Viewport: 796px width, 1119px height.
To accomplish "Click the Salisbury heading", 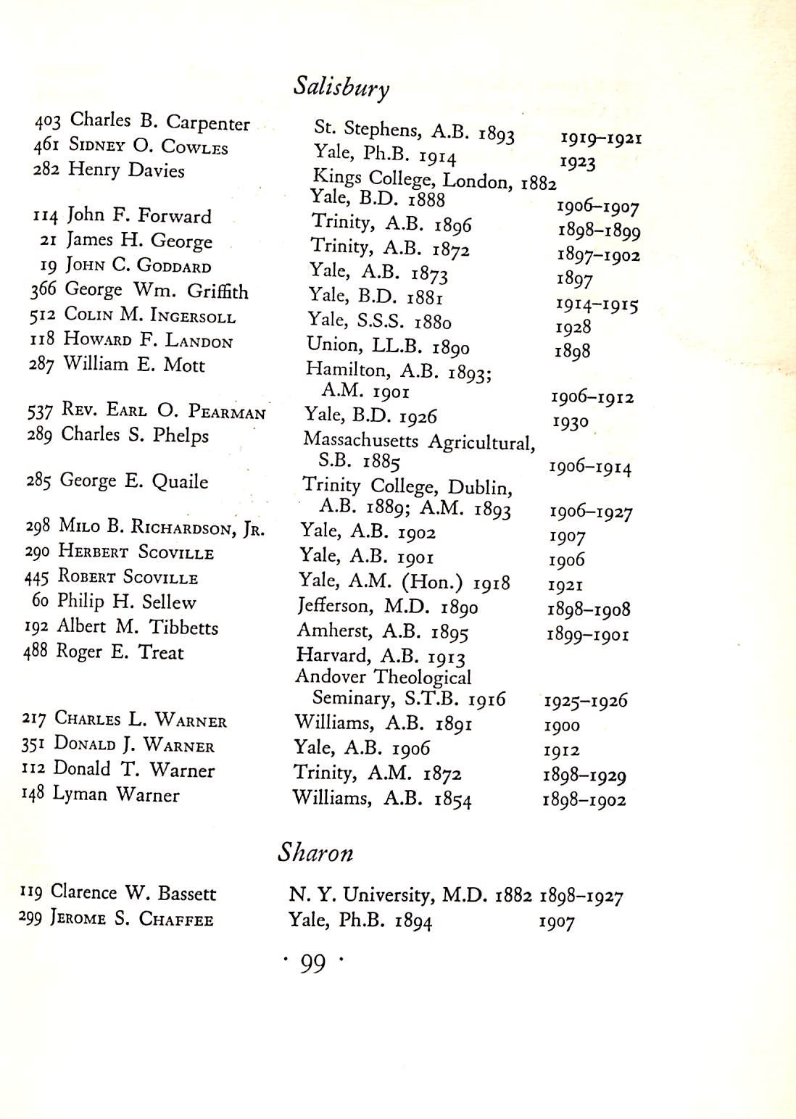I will point(341,87).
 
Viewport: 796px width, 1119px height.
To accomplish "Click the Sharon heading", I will point(315,852).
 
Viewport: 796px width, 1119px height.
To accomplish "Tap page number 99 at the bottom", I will point(312,963).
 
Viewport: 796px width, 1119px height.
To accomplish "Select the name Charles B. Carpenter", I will point(159,122).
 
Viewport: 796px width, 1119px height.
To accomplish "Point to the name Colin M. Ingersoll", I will point(149,315).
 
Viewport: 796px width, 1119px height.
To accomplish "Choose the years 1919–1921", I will point(601,138).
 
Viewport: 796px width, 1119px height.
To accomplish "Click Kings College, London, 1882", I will point(434,179).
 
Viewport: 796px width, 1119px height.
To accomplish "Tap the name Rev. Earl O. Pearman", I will point(164,411).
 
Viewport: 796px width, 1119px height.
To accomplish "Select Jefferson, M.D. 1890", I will point(387,606).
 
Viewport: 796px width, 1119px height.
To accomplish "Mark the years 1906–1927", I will point(591,512).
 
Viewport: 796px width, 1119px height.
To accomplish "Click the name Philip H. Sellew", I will point(127,602).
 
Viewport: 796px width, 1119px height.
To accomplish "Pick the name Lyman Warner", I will point(115,794).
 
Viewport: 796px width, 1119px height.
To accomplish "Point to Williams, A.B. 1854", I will point(382,799).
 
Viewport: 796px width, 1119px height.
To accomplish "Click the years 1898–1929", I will point(584,775).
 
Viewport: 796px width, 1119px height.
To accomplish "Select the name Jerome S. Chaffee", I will point(131,918).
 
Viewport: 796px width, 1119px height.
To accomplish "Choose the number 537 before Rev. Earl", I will point(40,412).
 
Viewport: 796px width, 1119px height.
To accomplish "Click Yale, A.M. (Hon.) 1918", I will point(404,582).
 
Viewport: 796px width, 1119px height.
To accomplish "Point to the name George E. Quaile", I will point(134,481).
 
